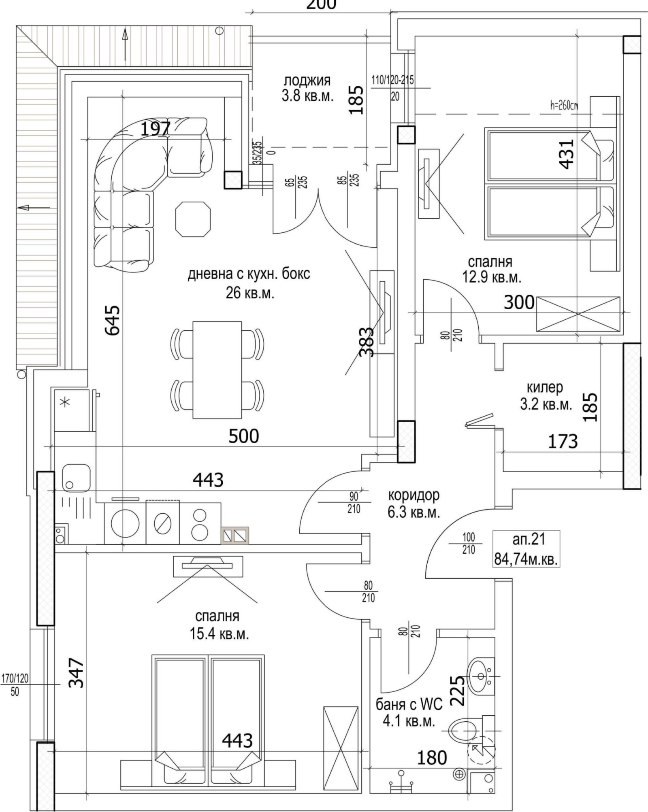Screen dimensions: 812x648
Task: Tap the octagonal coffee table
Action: tap(193, 219)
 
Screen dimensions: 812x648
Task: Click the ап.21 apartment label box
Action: tap(526, 548)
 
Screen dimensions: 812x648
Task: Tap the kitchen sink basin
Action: tap(76, 478)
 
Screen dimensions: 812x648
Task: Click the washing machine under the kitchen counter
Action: tap(125, 523)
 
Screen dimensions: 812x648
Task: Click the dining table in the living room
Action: tap(217, 370)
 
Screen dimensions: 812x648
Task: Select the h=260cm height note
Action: tap(564, 106)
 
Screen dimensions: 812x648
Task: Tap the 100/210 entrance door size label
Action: tap(468, 543)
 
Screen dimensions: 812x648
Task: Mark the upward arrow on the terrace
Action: tap(125, 45)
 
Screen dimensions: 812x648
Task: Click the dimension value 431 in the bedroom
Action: tap(567, 153)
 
